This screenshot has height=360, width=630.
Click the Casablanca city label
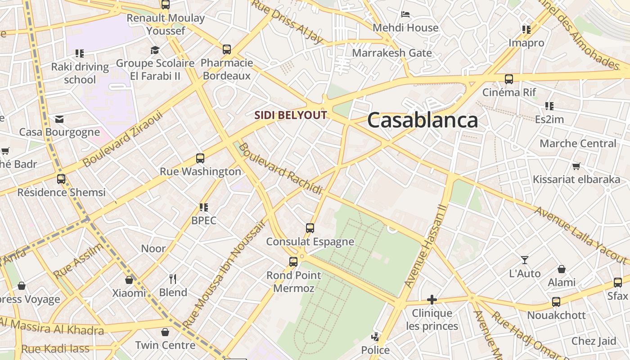422,120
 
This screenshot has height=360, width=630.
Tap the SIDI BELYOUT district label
290,115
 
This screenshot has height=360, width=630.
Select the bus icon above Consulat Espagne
310,228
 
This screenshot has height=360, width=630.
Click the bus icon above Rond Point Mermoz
293,261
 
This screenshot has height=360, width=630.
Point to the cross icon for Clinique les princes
432,299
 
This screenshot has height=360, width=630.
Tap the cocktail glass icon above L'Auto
525,260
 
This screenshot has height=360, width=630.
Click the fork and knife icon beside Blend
173,279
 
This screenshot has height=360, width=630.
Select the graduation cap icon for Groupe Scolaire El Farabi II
155,49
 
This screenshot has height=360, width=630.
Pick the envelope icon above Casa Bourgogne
59,119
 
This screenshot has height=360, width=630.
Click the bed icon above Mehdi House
405,14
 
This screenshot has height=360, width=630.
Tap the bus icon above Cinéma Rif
509,79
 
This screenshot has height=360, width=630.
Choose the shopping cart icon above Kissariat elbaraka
576,166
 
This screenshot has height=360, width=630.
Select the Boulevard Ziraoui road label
122,139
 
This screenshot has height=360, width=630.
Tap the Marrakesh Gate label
391,53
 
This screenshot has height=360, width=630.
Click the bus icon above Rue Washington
200,158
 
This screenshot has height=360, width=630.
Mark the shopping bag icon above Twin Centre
165,332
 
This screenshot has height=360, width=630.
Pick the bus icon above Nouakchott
556,302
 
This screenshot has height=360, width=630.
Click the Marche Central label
578,144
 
